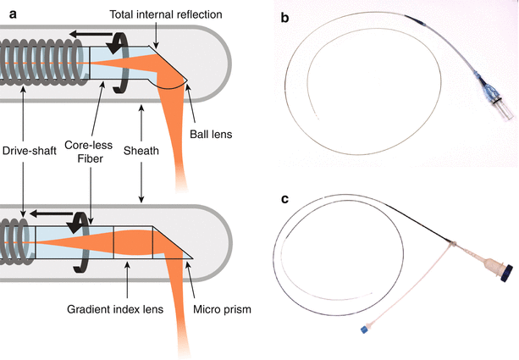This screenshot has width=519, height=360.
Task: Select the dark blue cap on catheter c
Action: [505, 273]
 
